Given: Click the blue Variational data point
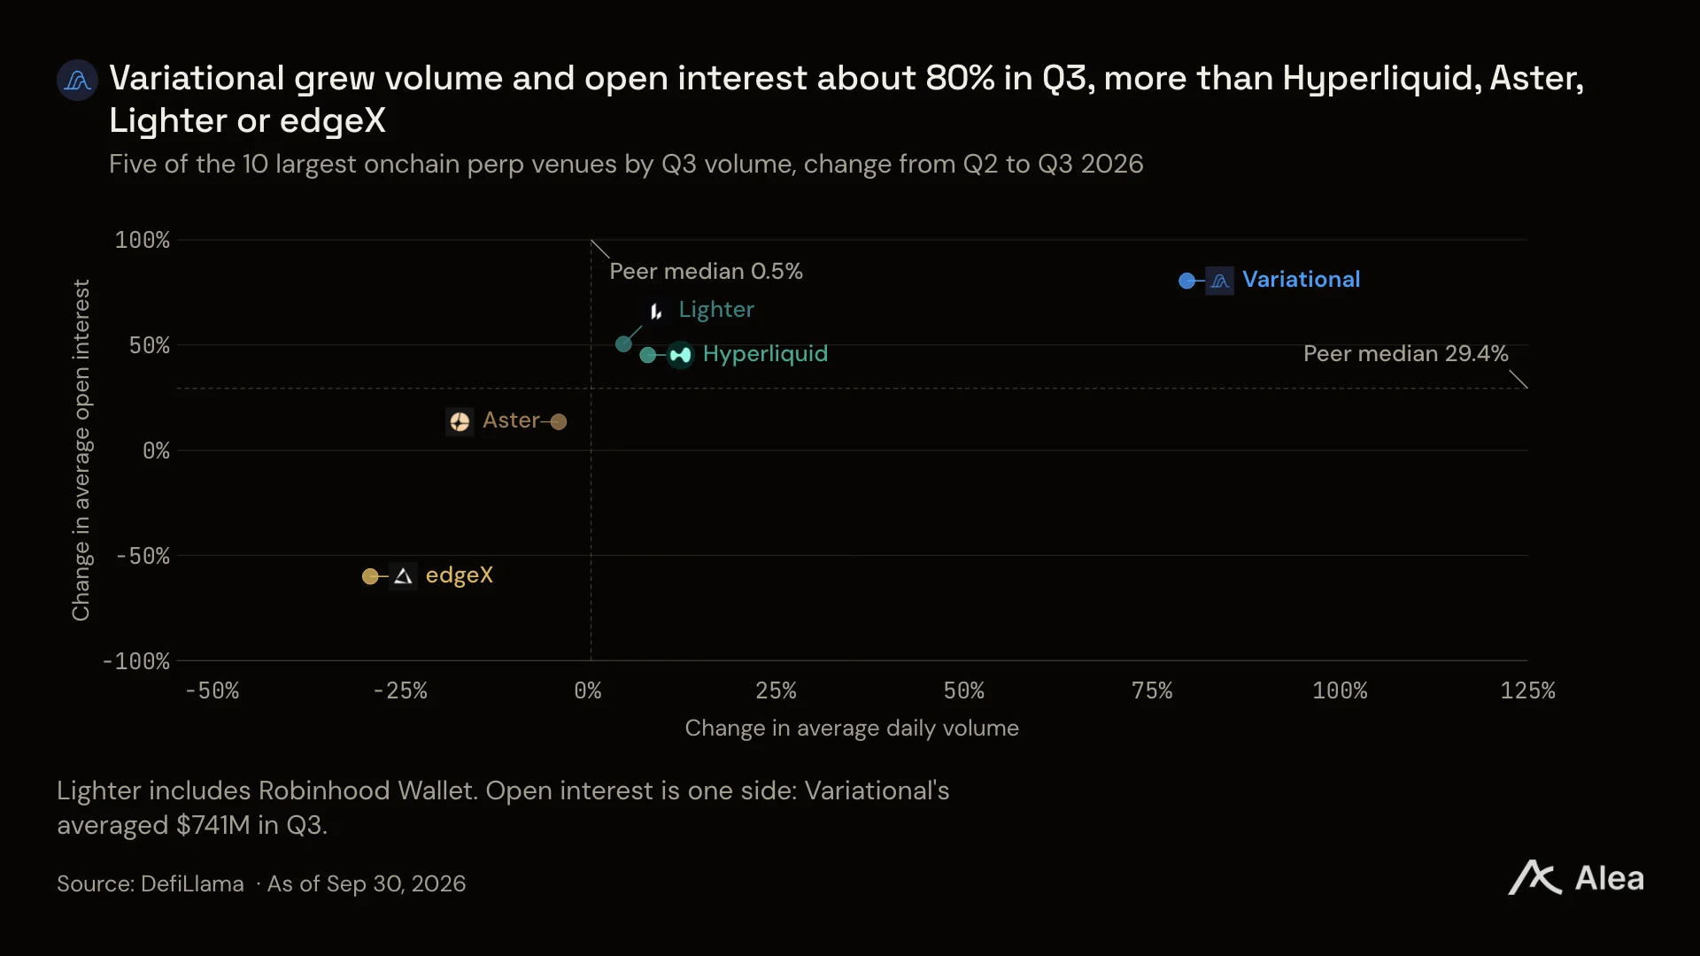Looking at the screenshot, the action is pyautogui.click(x=1186, y=281).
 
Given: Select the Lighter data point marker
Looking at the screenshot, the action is pyautogui.click(x=623, y=343).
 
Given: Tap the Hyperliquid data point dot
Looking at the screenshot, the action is pyautogui.click(x=648, y=355).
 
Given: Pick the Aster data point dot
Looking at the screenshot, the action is pyautogui.click(x=559, y=421).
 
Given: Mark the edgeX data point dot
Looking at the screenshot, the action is pyautogui.click(x=370, y=576).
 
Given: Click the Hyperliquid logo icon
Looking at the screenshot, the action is pyautogui.click(x=680, y=355).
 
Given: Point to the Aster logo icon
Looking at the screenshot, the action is pyautogui.click(x=460, y=421).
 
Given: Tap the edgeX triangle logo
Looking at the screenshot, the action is pyautogui.click(x=403, y=576).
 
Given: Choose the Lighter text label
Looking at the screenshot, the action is pyautogui.click(x=716, y=310).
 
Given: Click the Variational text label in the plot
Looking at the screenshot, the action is pyautogui.click(x=1301, y=280).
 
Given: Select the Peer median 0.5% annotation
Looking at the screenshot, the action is pyautogui.click(x=706, y=271).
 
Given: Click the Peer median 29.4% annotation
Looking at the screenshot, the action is pyautogui.click(x=1405, y=353).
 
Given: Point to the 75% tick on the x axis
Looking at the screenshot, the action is pyautogui.click(x=1152, y=690).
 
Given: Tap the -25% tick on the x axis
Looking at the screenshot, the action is pyautogui.click(x=400, y=690).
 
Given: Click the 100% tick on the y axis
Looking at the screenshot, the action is pyautogui.click(x=142, y=240).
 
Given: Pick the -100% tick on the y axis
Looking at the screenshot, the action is pyautogui.click(x=135, y=661).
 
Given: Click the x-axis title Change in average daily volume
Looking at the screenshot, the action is pyautogui.click(x=852, y=728).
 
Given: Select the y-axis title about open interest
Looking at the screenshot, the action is pyautogui.click(x=81, y=450).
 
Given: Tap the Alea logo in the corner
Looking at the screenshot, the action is pyautogui.click(x=1576, y=878).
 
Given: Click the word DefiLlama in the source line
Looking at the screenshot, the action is pyautogui.click(x=192, y=883).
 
